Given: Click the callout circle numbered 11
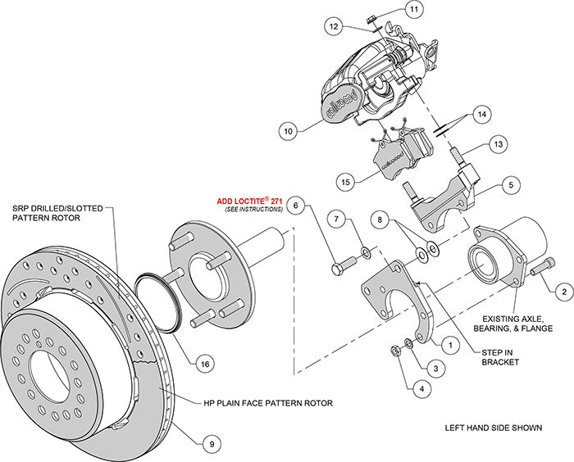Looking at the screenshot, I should (x=413, y=10).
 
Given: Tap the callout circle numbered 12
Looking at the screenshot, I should (x=334, y=27).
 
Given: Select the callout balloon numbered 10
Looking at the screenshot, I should (x=288, y=129).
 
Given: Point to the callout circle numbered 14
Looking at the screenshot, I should (x=481, y=114).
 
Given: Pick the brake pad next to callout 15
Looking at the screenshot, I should (x=397, y=156).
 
